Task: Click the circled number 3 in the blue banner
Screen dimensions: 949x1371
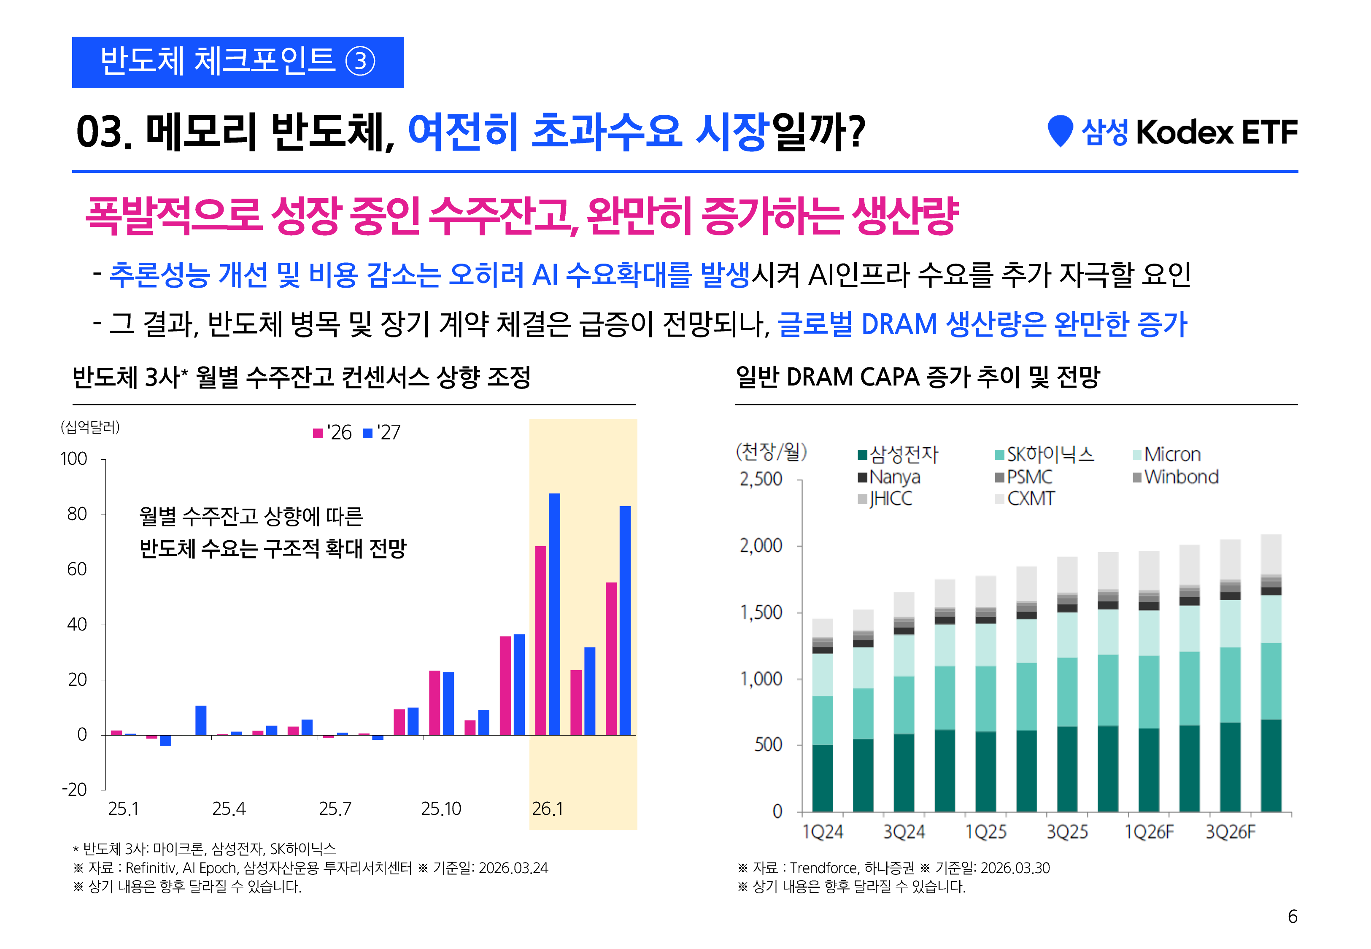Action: pyautogui.click(x=360, y=62)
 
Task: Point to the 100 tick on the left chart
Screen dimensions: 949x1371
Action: pyautogui.click(x=74, y=459)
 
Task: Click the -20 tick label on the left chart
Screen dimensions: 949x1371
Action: pyautogui.click(x=74, y=790)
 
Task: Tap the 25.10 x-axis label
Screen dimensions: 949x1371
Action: pyautogui.click(x=440, y=809)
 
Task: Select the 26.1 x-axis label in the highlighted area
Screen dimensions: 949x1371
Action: pyautogui.click(x=547, y=809)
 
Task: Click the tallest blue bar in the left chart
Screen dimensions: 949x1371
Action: pyautogui.click(x=554, y=612)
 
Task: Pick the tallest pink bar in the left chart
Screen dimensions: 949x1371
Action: pyautogui.click(x=540, y=640)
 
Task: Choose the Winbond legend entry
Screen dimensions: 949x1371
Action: pyautogui.click(x=1181, y=477)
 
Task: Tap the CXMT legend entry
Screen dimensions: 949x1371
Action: pyautogui.click(x=1030, y=499)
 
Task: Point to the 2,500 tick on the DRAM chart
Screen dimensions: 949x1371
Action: pyautogui.click(x=761, y=479)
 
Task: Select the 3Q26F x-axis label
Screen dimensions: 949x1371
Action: pyautogui.click(x=1230, y=832)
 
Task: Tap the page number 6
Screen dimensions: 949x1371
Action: pyautogui.click(x=1293, y=916)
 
